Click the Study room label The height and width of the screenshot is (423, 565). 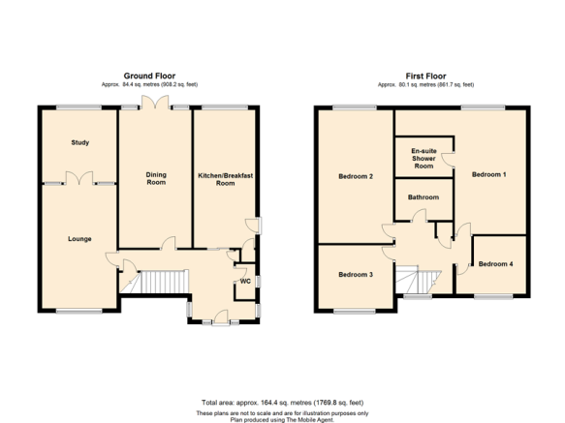click(x=80, y=142)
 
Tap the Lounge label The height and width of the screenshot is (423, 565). click(x=79, y=239)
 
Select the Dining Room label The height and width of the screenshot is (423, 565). click(x=156, y=178)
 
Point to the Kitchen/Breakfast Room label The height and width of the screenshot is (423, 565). click(x=226, y=179)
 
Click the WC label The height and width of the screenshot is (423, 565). click(x=245, y=281)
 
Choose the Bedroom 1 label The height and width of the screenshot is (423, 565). click(x=489, y=174)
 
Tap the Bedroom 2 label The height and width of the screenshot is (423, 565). click(x=356, y=176)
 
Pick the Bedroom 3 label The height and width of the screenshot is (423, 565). click(x=356, y=275)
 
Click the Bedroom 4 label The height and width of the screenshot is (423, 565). click(x=495, y=264)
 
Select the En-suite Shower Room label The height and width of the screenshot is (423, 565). click(x=424, y=159)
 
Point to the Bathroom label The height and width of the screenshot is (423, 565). click(x=424, y=197)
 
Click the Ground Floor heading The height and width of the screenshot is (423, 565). click(x=149, y=76)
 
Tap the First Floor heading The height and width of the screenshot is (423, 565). click(x=425, y=76)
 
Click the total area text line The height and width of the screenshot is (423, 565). click(x=283, y=403)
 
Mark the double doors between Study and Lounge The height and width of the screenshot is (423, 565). click(x=79, y=178)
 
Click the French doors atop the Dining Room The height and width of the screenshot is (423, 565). click(x=155, y=102)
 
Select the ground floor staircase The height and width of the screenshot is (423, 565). click(x=154, y=282)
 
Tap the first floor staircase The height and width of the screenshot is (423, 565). click(x=419, y=280)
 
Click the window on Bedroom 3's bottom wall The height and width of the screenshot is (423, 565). click(x=355, y=311)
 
